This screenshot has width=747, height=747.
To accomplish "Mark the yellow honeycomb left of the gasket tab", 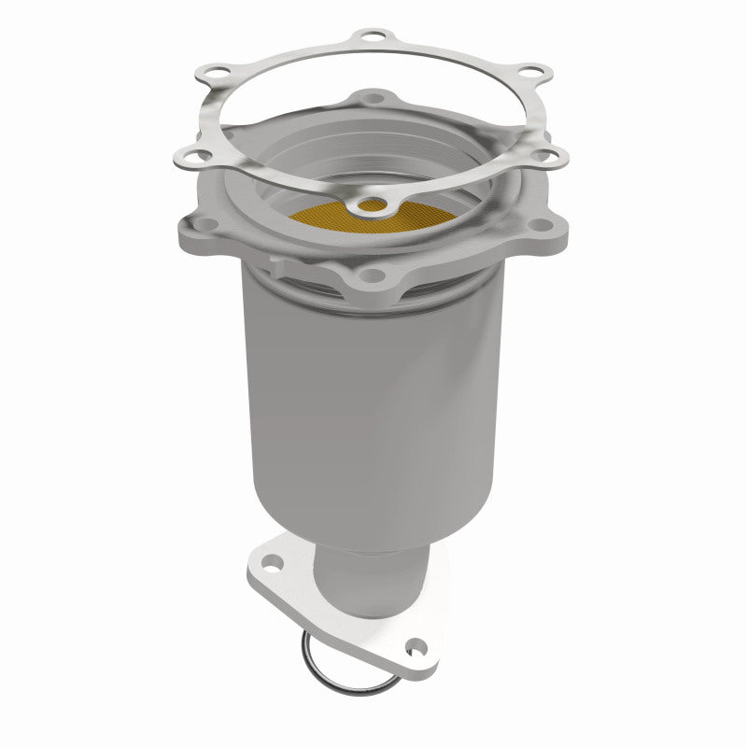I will [322, 218].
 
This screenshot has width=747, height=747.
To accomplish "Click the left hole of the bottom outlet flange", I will [270, 563].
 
